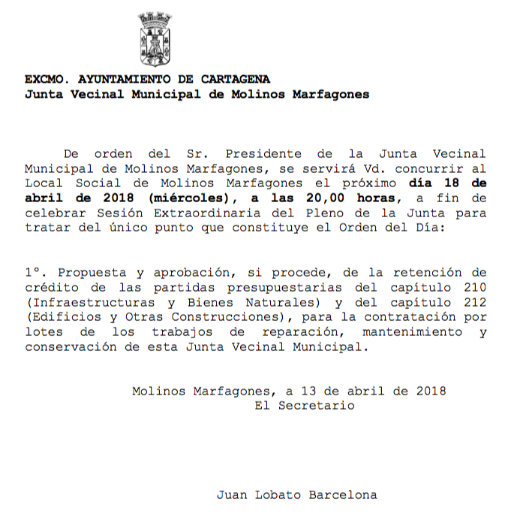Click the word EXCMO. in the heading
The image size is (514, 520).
[44, 79]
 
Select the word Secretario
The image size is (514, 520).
[316, 405]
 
